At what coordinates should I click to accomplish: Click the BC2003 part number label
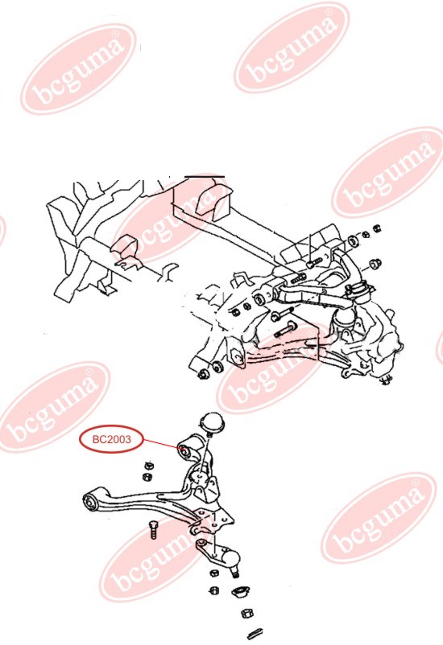[111, 439]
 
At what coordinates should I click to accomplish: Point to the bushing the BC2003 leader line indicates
[185, 452]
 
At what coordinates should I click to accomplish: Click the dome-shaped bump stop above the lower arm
[212, 425]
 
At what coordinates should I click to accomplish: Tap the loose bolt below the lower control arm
[153, 529]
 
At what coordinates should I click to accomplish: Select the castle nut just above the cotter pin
[246, 614]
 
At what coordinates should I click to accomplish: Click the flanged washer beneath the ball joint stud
[240, 593]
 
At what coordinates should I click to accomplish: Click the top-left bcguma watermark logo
[78, 68]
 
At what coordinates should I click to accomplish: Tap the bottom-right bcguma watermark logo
[379, 518]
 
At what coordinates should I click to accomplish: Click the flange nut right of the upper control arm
[375, 263]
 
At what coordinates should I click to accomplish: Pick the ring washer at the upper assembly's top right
[354, 241]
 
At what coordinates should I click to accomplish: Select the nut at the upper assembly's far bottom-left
[203, 374]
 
